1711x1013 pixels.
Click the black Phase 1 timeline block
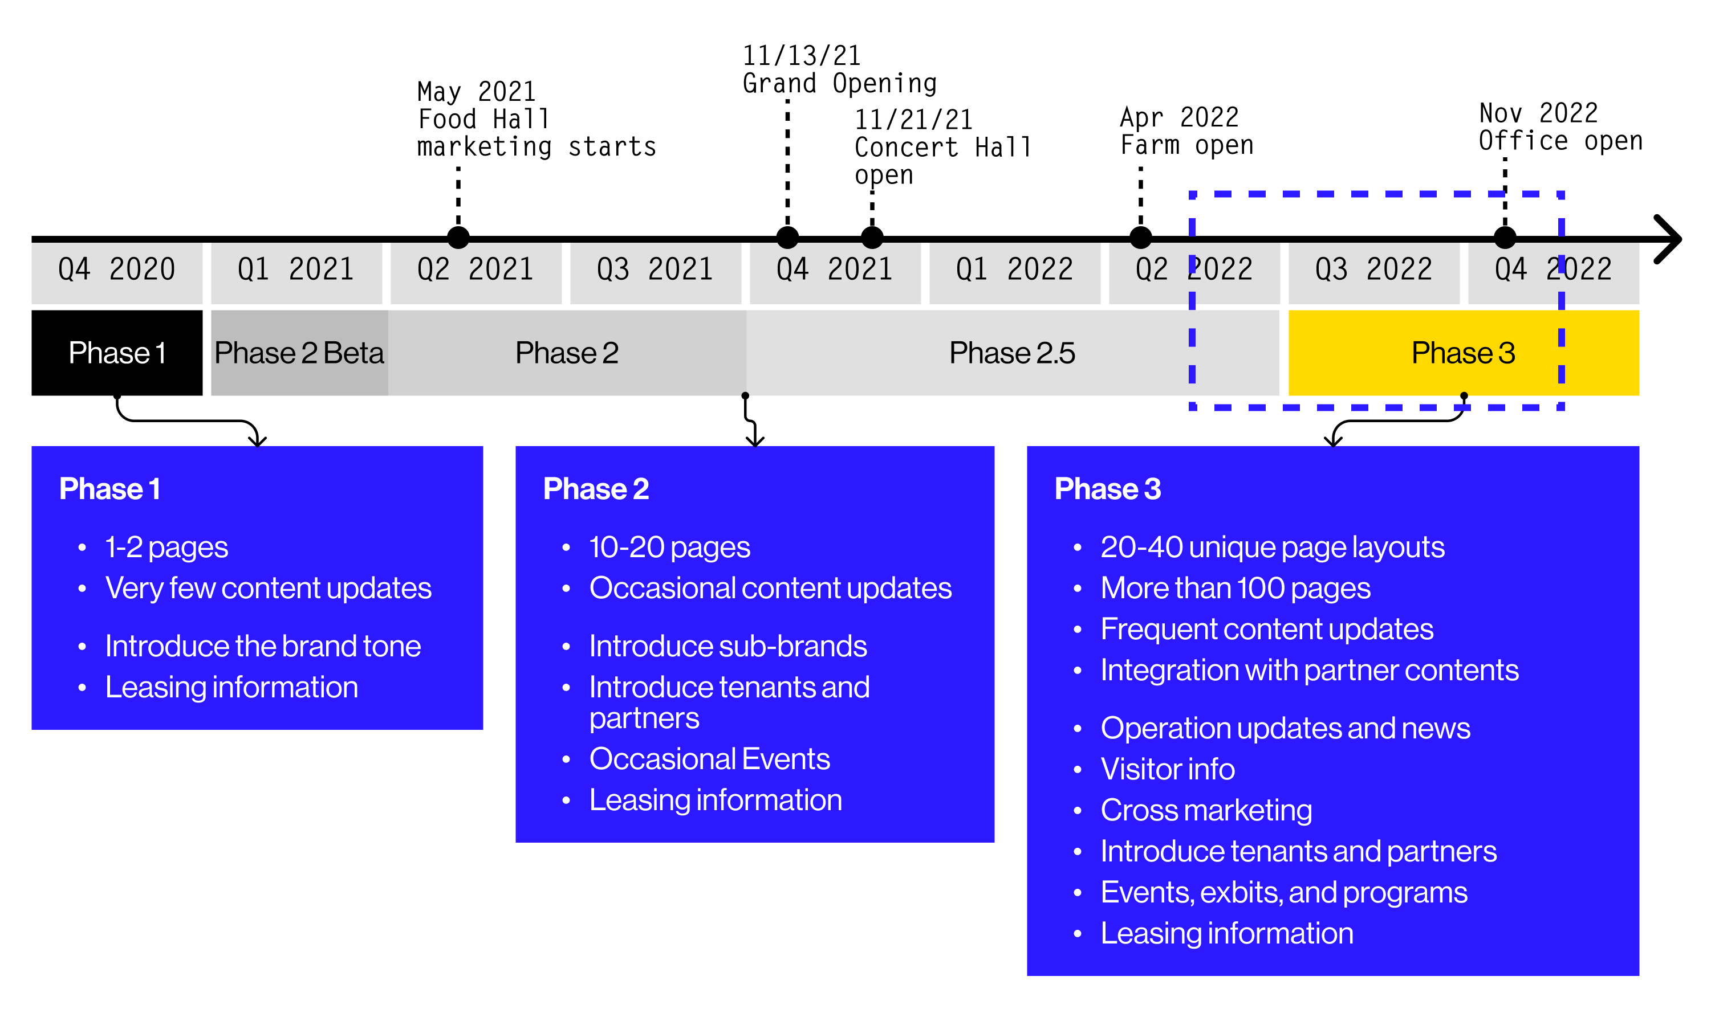coord(117,353)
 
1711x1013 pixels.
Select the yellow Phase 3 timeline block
coord(1462,353)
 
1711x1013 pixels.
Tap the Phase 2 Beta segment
coord(299,353)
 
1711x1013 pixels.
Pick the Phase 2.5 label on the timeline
coord(1011,353)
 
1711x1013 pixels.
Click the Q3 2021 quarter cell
coord(655,269)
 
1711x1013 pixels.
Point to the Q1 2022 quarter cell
coord(1014,269)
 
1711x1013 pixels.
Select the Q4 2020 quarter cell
coord(117,269)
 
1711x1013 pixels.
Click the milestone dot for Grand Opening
coord(787,238)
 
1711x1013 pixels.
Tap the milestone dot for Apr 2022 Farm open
coord(1141,238)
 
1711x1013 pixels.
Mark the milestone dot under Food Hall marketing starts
coord(458,238)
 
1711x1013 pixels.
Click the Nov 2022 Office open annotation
coord(1559,127)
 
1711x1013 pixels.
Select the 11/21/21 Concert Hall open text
coord(942,148)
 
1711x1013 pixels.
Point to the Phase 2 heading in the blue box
coord(596,489)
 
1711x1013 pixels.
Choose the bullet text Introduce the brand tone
coord(263,646)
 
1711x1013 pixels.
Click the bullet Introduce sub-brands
coord(728,646)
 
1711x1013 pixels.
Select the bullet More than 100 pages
coord(1235,588)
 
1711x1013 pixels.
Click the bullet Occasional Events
coord(709,758)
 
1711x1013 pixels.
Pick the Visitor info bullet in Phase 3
coord(1167,769)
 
